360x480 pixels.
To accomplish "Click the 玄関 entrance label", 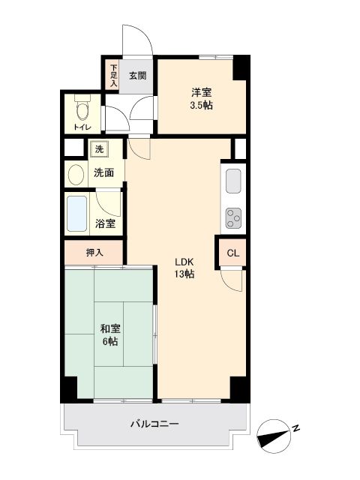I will tap(136, 75).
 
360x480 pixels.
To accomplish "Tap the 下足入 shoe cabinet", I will tap(114, 76).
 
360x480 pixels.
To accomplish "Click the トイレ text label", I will tap(81, 128).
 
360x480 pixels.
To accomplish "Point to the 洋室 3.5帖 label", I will tap(201, 99).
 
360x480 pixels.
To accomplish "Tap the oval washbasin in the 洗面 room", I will tap(76, 175).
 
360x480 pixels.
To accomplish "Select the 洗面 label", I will tap(103, 172).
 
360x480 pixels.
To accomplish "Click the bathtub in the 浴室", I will tap(77, 214).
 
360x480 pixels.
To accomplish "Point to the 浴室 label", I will tap(106, 223).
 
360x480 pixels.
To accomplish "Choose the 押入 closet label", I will tap(94, 253).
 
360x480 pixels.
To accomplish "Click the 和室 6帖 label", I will tap(110, 334).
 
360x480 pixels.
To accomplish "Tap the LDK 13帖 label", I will tap(184, 268).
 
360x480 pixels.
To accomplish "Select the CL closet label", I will tap(232, 253).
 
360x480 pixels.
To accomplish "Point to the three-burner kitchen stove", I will tap(233, 217).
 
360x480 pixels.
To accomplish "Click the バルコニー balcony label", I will tap(154, 424).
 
